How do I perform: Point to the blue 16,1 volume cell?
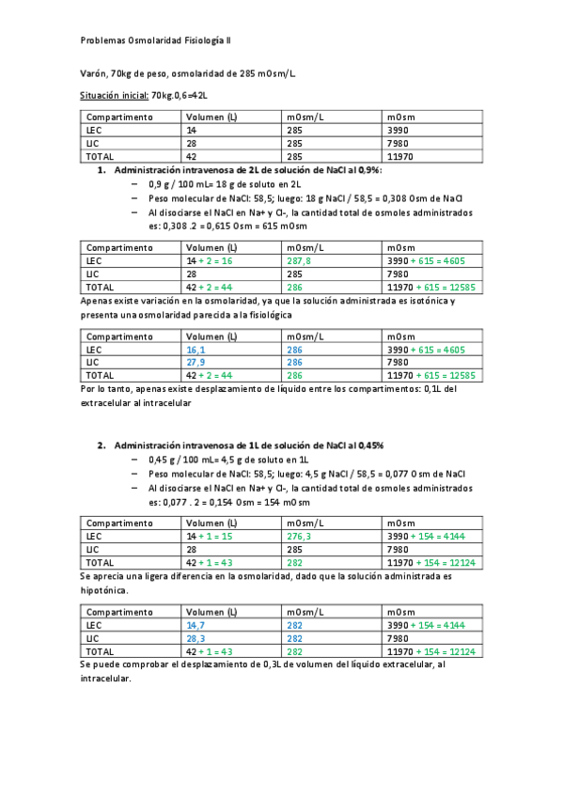click(196, 349)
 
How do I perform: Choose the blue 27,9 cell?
click(196, 362)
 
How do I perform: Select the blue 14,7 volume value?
click(196, 624)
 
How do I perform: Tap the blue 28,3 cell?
click(196, 637)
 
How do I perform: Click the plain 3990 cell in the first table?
click(398, 130)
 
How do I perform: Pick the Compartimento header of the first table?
click(119, 117)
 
